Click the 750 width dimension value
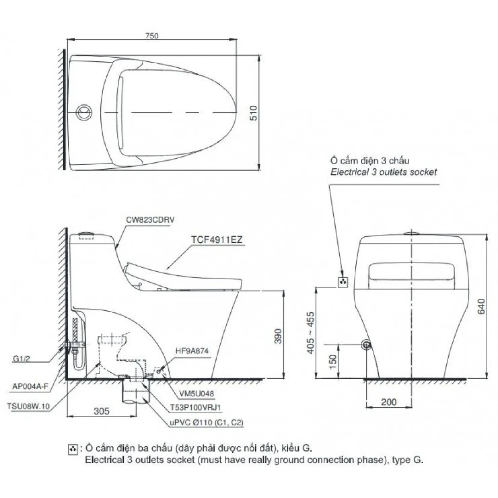tap(152, 36)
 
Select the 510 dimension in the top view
tap(253, 113)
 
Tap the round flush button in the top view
tap(84, 112)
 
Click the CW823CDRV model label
tap(150, 220)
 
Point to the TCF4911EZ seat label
tap(217, 240)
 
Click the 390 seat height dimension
tap(278, 336)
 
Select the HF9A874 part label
tap(192, 351)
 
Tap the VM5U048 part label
tap(196, 393)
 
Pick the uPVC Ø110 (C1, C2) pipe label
tap(206, 423)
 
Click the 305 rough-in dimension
tap(101, 411)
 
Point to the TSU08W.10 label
tap(28, 406)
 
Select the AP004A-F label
tap(30, 386)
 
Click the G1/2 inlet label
tap(21, 359)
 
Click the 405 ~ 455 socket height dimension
tap(311, 333)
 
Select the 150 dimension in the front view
tap(333, 361)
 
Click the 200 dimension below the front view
tap(388, 402)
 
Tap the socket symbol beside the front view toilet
tap(343, 282)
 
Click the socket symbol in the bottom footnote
tap(73, 450)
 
